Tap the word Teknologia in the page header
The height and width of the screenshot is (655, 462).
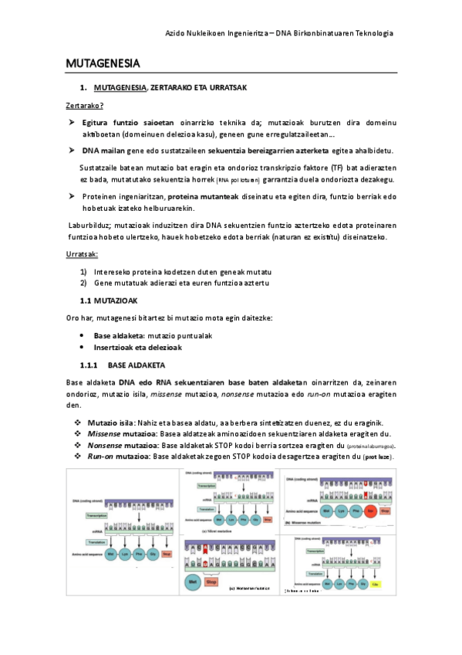(x=371, y=33)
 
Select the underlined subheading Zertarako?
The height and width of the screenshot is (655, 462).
(x=85, y=105)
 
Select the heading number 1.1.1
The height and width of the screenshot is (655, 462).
(x=90, y=365)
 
